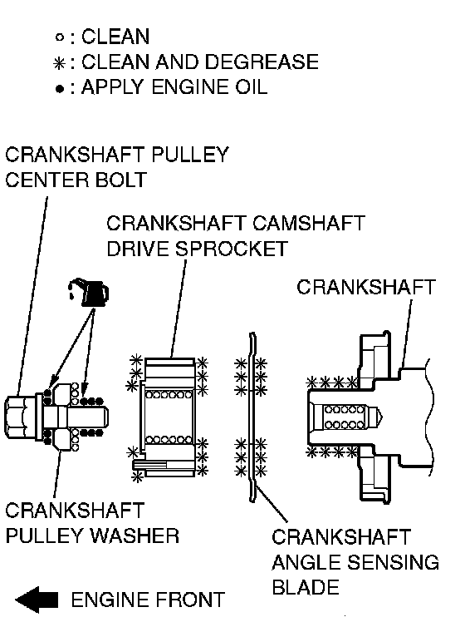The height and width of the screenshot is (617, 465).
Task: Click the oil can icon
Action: pos(89,293)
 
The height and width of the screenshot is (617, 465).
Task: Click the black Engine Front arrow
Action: pos(37,600)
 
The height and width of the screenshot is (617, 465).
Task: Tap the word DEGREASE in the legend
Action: pos(262,62)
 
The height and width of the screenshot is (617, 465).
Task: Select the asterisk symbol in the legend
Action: pos(59,64)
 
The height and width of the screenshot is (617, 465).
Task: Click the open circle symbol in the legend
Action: pos(60,37)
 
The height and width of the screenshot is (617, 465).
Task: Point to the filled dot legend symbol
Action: pos(60,89)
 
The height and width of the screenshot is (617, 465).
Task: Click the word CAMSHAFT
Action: pos(309,223)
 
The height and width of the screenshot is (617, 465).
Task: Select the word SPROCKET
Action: pos(231,249)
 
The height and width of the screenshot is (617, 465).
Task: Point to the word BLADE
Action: pos(306,587)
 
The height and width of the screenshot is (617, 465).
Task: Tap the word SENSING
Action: pos(394,562)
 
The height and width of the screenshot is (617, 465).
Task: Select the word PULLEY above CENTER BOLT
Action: pos(189,155)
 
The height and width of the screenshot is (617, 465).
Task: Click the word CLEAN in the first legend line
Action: pos(115,37)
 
